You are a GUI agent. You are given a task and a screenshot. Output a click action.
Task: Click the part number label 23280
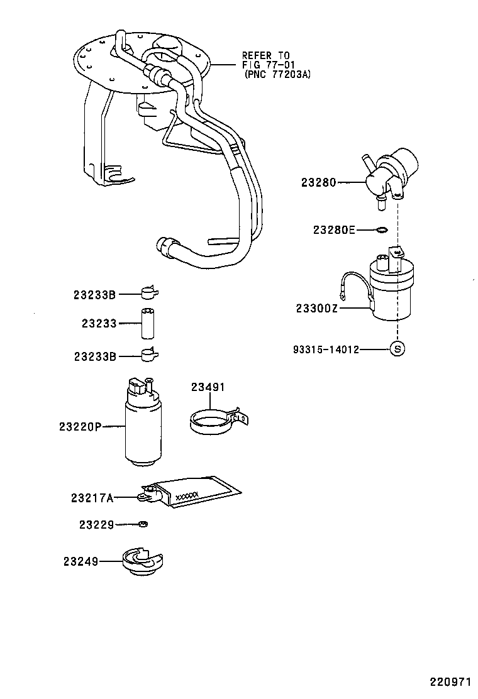point(319,183)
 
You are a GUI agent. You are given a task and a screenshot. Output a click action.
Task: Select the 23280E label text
point(333,230)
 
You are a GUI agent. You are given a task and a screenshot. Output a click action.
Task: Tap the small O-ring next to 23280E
point(380,230)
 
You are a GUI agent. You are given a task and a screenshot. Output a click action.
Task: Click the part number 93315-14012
point(325,349)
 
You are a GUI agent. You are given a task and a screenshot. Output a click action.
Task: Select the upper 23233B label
point(95,294)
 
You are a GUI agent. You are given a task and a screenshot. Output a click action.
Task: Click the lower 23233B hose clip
point(149,355)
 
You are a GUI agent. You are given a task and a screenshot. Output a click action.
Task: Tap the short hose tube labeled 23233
point(148,323)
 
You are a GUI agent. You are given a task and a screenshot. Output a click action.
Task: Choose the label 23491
point(208,387)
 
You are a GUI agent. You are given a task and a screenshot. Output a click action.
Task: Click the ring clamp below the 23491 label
point(211,421)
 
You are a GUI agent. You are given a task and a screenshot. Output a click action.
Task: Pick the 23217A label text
point(92,498)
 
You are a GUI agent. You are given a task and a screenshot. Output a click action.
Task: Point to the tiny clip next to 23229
point(143,524)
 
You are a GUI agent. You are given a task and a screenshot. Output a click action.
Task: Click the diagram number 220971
point(450,681)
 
